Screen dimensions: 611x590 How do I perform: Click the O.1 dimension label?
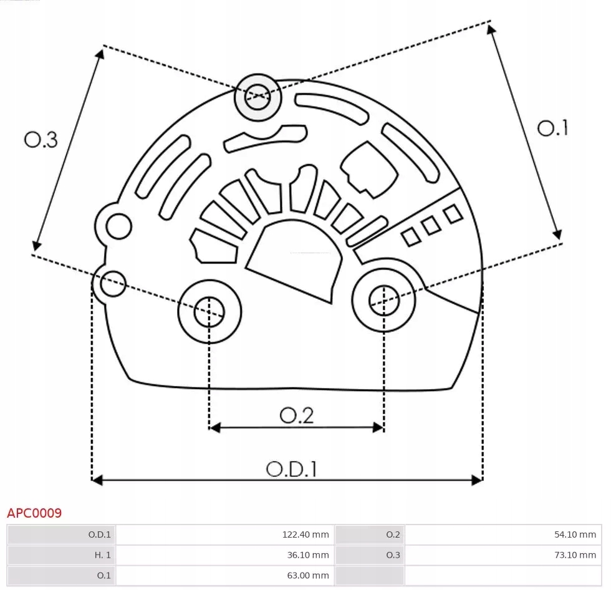(552, 128)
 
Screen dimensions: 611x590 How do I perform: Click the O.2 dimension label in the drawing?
(296, 415)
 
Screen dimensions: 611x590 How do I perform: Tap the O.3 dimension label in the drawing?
(41, 140)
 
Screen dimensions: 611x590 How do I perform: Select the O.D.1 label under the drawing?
(291, 468)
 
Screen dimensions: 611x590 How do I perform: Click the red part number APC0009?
(34, 513)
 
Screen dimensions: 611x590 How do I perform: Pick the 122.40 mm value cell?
(225, 534)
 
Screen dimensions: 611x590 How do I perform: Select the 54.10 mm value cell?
(502, 534)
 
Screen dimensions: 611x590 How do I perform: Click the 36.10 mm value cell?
(225, 554)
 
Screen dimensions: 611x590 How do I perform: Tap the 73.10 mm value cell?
(502, 554)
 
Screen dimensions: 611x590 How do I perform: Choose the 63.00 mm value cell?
(225, 574)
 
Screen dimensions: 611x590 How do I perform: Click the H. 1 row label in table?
(62, 554)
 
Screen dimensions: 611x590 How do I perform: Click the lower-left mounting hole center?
(209, 311)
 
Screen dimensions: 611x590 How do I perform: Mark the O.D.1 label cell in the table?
(62, 534)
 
